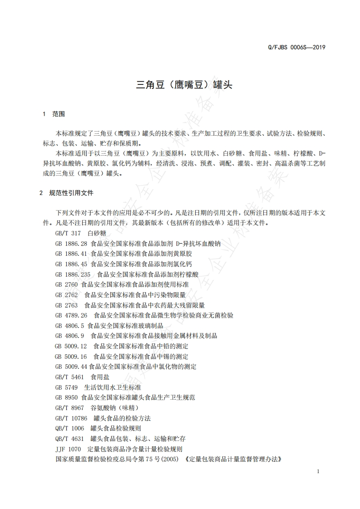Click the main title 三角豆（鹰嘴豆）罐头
pyautogui.click(x=184, y=85)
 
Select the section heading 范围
pyautogui.click(x=59, y=114)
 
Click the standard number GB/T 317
pyautogui.click(x=68, y=233)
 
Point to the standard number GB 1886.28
pyautogui.click(x=71, y=243)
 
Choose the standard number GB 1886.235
pyautogui.click(x=73, y=274)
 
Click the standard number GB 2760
pyautogui.click(x=66, y=284)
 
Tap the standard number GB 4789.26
pyautogui.click(x=71, y=315)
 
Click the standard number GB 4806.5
pyautogui.click(x=69, y=326)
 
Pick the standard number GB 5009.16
pyautogui.click(x=71, y=357)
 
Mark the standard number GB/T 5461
pyautogui.click(x=69, y=377)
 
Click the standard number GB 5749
pyautogui.click(x=66, y=387)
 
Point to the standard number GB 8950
pyautogui.click(x=66, y=397)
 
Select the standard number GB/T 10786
pyautogui.click(x=71, y=418)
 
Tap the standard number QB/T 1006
pyautogui.click(x=69, y=428)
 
